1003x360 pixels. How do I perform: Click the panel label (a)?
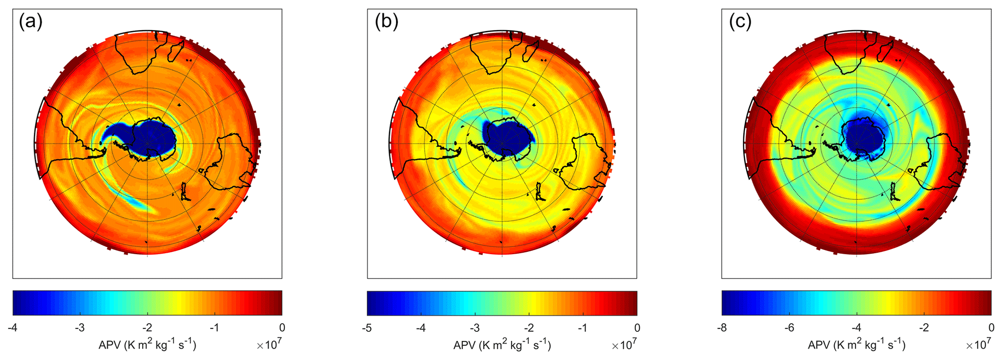[x=31, y=22]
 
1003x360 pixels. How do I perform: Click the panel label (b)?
[x=386, y=22]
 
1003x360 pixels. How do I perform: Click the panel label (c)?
[x=740, y=22]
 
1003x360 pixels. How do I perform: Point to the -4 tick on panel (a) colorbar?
[x=13, y=328]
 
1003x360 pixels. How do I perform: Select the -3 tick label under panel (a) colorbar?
[x=80, y=328]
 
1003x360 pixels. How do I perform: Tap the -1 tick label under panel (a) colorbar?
[x=214, y=328]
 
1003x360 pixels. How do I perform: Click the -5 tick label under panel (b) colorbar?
[x=367, y=328]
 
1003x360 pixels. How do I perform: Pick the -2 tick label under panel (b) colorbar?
[x=529, y=328]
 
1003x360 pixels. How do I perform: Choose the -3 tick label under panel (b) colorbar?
[x=475, y=328]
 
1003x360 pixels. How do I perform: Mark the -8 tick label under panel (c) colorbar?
[x=722, y=328]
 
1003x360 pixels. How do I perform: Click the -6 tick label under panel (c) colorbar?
[x=789, y=328]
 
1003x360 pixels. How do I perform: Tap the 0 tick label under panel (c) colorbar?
[x=991, y=328]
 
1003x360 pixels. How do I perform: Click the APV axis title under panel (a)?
[x=148, y=345]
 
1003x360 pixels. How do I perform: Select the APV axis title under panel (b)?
[x=502, y=345]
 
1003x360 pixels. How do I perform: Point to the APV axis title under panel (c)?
[x=856, y=345]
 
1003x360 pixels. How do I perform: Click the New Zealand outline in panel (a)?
[x=185, y=191]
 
